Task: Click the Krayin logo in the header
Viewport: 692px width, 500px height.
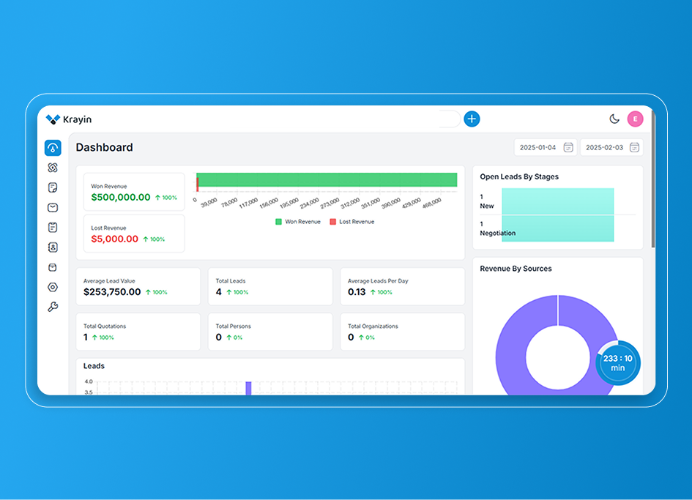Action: click(x=68, y=119)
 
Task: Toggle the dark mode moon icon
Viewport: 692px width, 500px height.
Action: click(x=614, y=119)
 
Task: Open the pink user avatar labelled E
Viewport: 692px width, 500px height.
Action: click(x=635, y=119)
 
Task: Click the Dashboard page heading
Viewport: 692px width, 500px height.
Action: click(x=104, y=147)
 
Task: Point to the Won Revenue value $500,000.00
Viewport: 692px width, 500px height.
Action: click(x=121, y=198)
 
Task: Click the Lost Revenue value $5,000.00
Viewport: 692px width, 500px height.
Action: click(x=114, y=239)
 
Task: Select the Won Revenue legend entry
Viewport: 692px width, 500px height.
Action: click(x=298, y=222)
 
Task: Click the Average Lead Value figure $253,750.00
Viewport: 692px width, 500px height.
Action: click(x=112, y=292)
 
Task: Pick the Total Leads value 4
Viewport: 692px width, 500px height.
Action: click(x=219, y=292)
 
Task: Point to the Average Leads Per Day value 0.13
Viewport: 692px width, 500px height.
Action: click(x=357, y=292)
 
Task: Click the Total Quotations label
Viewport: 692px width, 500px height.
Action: click(x=105, y=327)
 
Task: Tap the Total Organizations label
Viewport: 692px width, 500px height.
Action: click(x=373, y=327)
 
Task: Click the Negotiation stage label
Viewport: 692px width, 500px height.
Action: click(x=498, y=233)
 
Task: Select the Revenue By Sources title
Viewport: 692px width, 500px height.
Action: click(x=516, y=269)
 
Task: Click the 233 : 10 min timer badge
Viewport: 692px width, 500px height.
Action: click(x=618, y=363)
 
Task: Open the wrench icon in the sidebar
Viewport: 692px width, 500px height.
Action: click(x=53, y=307)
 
